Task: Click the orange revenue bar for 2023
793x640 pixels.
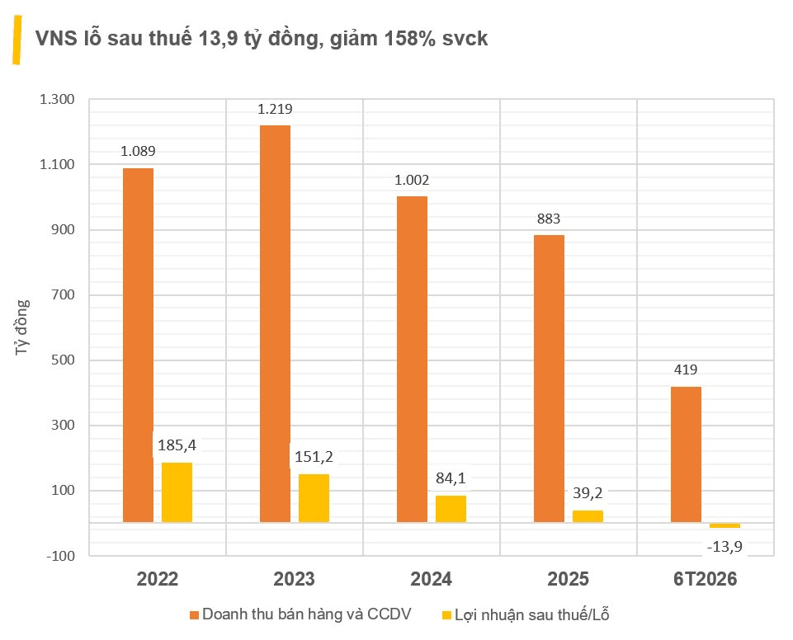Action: coord(275,323)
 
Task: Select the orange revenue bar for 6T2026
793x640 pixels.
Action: coord(686,454)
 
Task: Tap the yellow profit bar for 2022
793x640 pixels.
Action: coord(177,492)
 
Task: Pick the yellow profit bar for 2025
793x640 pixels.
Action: coord(588,516)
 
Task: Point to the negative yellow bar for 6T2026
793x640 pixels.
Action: coord(725,525)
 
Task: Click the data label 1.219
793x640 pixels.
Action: coord(275,109)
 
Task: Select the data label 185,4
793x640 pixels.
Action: coord(177,445)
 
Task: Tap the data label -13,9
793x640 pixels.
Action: coord(725,546)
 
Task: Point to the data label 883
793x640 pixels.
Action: coord(549,219)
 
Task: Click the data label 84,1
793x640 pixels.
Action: coord(451,478)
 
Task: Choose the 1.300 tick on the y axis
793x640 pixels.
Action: coord(57,99)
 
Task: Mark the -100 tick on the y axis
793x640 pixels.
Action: coord(60,556)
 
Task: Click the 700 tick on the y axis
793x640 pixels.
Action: coord(63,294)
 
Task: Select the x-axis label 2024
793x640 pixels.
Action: coord(431,579)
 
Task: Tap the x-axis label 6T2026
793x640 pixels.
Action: coord(705,579)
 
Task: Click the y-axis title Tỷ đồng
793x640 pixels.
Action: coord(21,327)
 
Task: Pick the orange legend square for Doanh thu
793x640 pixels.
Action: coord(194,615)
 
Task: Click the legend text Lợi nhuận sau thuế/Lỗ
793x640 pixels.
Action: coord(532,614)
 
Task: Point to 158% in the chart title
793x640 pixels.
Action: coord(410,39)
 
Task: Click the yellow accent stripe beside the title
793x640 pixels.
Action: coord(17,40)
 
